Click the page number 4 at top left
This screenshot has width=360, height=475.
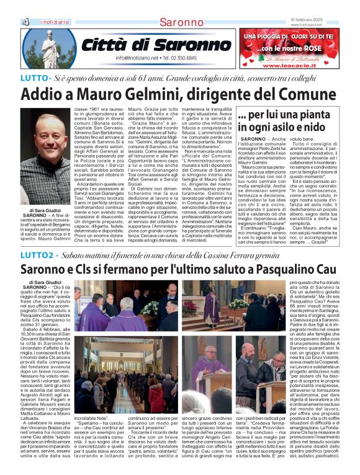coord(26,22)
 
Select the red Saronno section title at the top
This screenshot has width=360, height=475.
coord(181,22)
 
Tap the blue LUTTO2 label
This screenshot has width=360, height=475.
coord(37,255)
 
